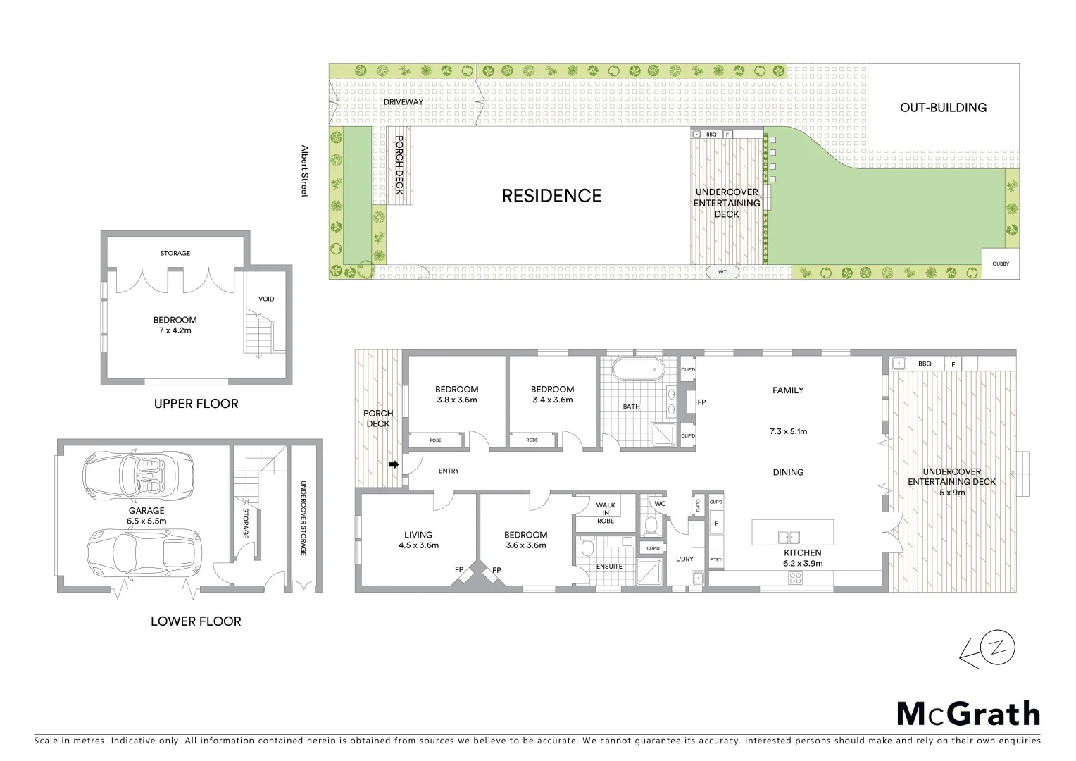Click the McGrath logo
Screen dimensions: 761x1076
[x=968, y=714]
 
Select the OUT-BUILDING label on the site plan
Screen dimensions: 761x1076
[x=943, y=108]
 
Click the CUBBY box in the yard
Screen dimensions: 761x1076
[x=1000, y=264]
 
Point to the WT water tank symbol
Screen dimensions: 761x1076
[x=722, y=272]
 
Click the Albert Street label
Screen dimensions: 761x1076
[x=305, y=171]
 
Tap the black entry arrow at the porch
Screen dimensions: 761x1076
[x=394, y=464]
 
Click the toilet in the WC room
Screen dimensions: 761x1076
[x=651, y=525]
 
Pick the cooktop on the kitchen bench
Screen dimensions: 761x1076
[x=795, y=579]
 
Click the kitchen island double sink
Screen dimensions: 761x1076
[x=789, y=537]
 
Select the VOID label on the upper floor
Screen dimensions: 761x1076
[x=266, y=299]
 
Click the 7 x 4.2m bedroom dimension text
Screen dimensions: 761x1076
[x=175, y=330]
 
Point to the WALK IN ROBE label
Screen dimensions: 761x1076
[x=605, y=513]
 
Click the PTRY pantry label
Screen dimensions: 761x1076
[x=715, y=560]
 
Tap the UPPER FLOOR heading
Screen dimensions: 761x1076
[x=196, y=404]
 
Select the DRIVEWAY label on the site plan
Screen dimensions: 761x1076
[x=403, y=102]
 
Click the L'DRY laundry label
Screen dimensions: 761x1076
[x=684, y=559]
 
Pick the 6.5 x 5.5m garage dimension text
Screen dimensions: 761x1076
[x=146, y=521]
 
